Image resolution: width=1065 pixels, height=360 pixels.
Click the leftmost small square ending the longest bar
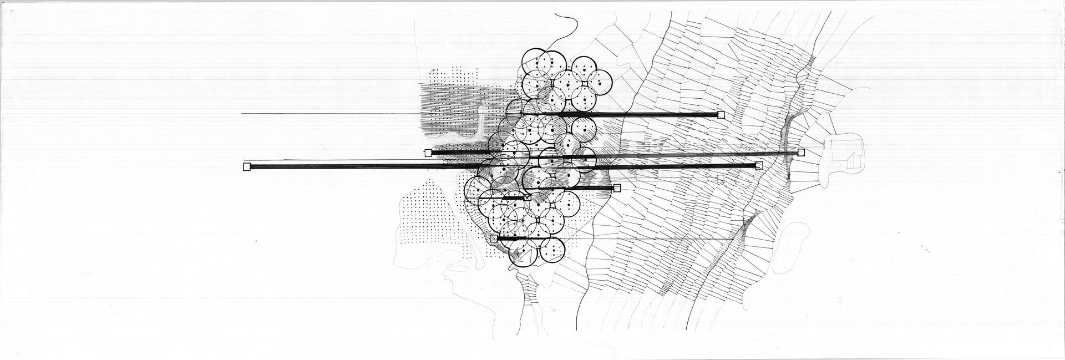coord(247,166)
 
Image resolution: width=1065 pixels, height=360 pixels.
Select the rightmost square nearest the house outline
coord(800,153)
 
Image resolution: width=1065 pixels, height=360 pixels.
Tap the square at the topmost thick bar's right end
coord(721,115)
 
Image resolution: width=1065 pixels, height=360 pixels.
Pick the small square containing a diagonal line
coord(528,196)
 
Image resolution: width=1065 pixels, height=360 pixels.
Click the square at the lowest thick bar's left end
coord(494,239)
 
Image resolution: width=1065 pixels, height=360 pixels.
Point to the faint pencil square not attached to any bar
coord(721,179)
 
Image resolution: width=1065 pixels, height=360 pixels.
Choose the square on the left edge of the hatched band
coord(428,153)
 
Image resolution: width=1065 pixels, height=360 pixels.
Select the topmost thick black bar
coord(627,115)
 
